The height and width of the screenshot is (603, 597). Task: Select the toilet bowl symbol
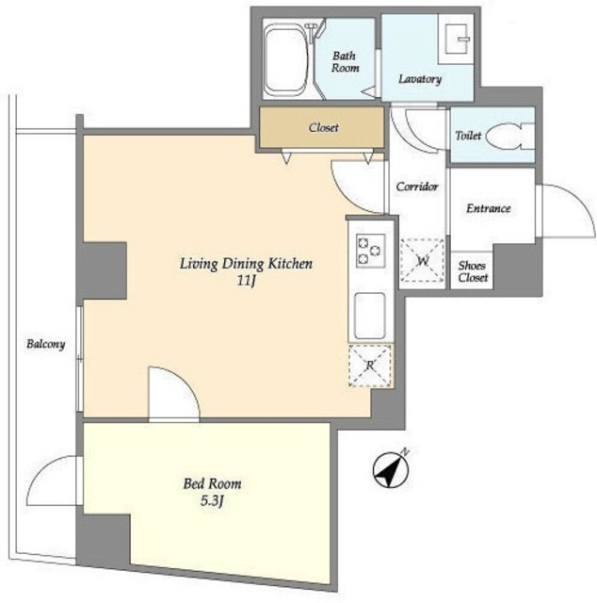(509, 136)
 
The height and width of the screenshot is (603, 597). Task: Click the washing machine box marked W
(422, 260)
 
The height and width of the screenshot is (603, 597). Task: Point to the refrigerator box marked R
(370, 366)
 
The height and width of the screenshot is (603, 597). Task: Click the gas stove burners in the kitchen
(371, 251)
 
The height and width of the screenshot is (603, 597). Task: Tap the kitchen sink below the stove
(370, 316)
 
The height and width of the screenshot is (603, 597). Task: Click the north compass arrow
(391, 469)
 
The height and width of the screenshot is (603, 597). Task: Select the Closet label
(324, 127)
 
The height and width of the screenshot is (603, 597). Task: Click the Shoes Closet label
(473, 271)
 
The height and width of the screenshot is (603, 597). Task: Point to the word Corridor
(417, 187)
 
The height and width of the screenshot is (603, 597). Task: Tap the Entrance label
(488, 208)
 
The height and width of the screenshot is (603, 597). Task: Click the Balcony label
(46, 344)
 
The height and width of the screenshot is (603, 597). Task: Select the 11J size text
(246, 281)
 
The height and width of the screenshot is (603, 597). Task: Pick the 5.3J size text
(212, 501)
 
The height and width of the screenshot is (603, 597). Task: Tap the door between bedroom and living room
(174, 394)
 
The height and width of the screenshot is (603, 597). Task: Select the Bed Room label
(212, 483)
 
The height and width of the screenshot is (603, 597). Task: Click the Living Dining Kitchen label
(246, 264)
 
